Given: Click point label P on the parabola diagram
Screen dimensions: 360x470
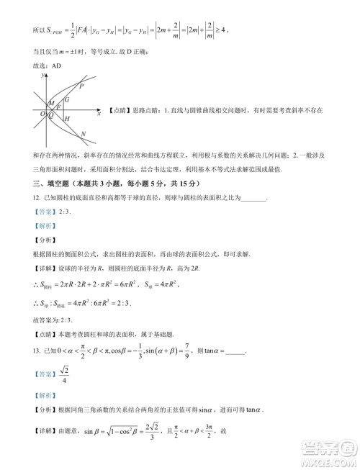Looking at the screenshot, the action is [x=81, y=86].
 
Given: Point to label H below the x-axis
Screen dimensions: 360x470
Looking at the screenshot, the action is [x=66, y=118].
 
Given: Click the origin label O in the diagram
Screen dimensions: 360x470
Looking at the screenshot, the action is [x=42, y=114].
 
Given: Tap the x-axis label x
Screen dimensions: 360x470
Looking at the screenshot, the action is [x=98, y=113].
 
